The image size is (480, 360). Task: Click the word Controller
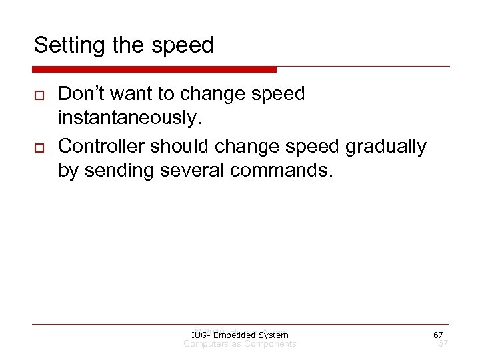(x=99, y=146)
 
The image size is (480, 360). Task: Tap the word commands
(x=280, y=171)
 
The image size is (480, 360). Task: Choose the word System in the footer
(x=273, y=335)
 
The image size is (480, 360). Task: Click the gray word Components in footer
(x=270, y=344)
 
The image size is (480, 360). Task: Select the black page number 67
(x=438, y=335)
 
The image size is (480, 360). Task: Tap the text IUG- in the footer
(x=199, y=335)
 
